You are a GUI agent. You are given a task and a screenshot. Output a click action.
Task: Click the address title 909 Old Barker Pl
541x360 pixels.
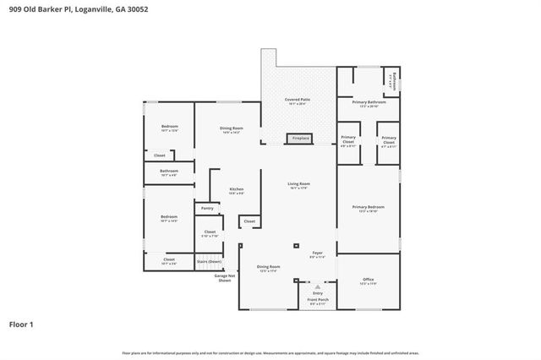(x=77, y=9)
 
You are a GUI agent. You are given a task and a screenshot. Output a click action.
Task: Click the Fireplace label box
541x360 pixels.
(x=301, y=138)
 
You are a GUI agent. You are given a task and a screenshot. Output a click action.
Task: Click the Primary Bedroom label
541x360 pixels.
(x=369, y=208)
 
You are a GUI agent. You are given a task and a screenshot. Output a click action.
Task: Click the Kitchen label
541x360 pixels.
(x=238, y=190)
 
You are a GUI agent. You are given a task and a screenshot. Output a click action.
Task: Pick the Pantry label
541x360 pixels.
(x=207, y=208)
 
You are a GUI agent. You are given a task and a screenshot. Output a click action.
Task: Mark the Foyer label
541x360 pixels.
(x=318, y=253)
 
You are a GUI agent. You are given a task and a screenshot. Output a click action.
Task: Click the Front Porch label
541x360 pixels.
(x=317, y=300)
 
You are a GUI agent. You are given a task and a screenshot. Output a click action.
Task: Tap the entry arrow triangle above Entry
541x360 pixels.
(x=317, y=286)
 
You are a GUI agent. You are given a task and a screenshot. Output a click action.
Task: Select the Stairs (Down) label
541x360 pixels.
(x=209, y=262)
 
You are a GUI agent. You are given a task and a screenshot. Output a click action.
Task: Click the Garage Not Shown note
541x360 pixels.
(x=224, y=278)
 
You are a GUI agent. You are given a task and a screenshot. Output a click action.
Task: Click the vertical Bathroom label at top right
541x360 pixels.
(x=393, y=81)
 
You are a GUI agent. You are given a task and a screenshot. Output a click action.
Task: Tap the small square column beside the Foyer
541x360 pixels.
(x=296, y=246)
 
